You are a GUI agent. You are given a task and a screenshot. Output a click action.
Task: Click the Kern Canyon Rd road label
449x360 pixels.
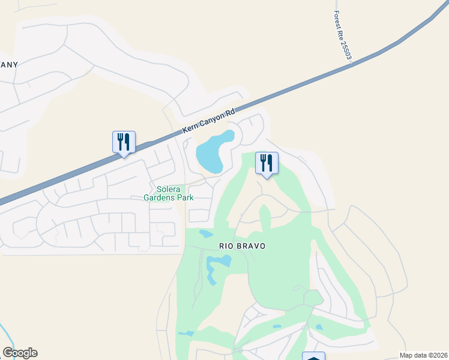[x=208, y=122]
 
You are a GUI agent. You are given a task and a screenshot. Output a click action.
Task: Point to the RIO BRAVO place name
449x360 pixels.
[x=242, y=246]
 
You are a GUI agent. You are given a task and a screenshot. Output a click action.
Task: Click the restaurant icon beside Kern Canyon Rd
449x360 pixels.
[x=124, y=142]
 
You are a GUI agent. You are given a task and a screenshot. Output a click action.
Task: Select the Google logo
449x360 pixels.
[x=20, y=353]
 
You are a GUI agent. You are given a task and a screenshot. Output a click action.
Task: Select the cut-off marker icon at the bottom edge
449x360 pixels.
[x=313, y=356]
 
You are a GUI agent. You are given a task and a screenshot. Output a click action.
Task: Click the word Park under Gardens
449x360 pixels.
[x=184, y=197]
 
